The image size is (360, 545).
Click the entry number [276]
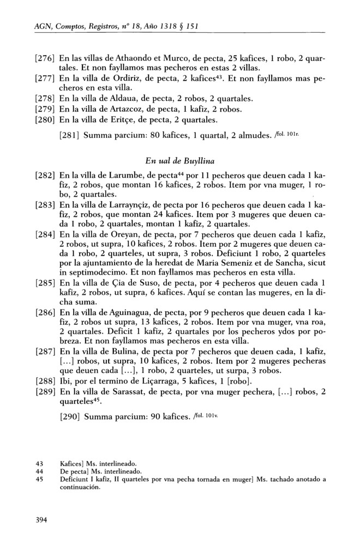tap(45, 58)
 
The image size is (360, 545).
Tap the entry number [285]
tap(45, 283)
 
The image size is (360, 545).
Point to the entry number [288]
tap(45, 376)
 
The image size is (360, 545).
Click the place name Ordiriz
tap(128, 78)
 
